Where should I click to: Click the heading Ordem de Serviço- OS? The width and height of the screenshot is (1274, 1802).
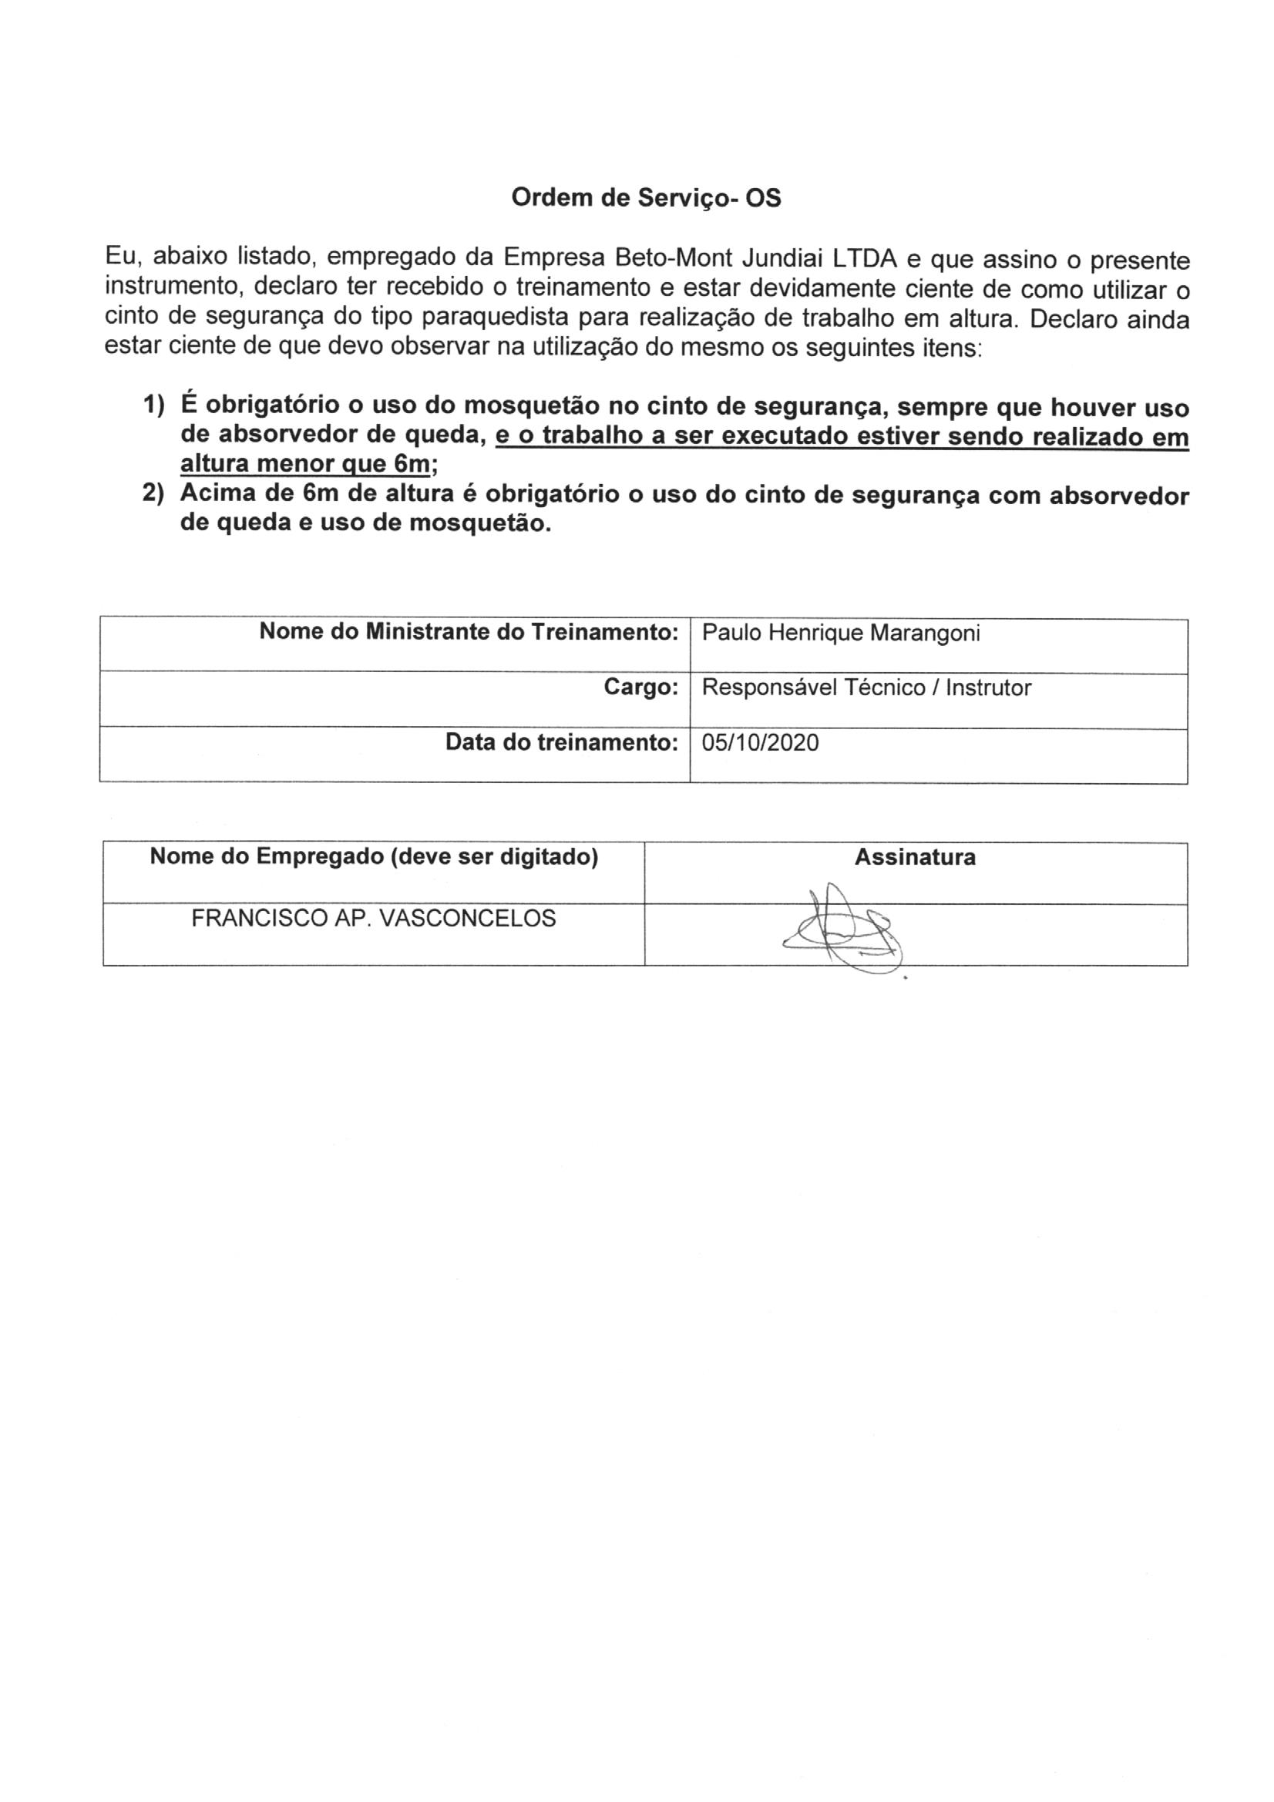pyautogui.click(x=646, y=199)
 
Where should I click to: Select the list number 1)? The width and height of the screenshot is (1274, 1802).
pyautogui.click(x=153, y=405)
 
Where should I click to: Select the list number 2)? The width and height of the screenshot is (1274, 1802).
pyautogui.click(x=153, y=496)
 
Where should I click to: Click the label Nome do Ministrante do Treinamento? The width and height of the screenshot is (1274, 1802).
pyautogui.click(x=469, y=633)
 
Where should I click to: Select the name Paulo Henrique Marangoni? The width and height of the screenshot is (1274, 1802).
pyautogui.click(x=841, y=634)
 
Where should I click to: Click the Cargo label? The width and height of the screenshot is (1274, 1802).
pyautogui.click(x=640, y=688)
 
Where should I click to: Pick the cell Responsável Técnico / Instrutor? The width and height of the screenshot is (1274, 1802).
pyautogui.click(x=866, y=688)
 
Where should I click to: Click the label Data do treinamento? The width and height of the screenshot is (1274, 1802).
pyautogui.click(x=561, y=742)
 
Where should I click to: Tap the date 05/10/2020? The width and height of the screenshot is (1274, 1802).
pyautogui.click(x=760, y=743)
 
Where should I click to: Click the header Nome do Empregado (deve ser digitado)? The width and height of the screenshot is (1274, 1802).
pyautogui.click(x=374, y=857)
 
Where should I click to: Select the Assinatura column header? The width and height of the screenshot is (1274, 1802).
pyautogui.click(x=916, y=857)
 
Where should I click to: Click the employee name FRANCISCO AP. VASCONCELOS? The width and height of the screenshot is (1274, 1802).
pyautogui.click(x=374, y=918)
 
